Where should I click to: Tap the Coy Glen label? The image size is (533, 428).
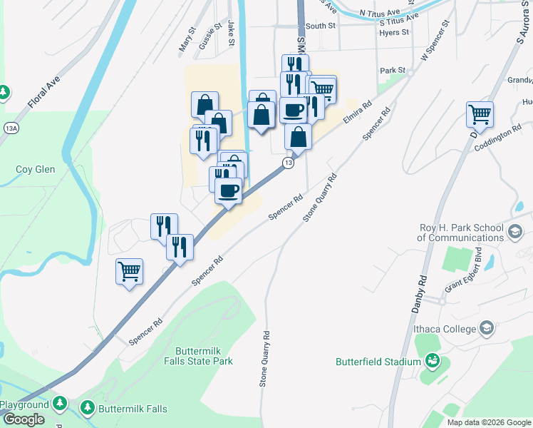pyautogui.click(x=33, y=170)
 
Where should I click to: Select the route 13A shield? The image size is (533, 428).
pyautogui.click(x=11, y=128)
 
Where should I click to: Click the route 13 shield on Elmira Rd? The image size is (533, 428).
pyautogui.click(x=288, y=163)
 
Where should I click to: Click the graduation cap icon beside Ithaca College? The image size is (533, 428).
pyautogui.click(x=487, y=328)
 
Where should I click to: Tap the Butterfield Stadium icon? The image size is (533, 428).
pyautogui.click(x=432, y=362)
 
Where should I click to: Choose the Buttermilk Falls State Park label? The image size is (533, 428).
pyautogui.click(x=204, y=357)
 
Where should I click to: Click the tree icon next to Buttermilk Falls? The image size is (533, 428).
pyautogui.click(x=87, y=408)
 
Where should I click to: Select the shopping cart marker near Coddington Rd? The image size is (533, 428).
pyautogui.click(x=480, y=113)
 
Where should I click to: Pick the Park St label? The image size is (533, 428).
pyautogui.click(x=392, y=71)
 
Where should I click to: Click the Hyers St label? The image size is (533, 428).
pyautogui.click(x=394, y=33)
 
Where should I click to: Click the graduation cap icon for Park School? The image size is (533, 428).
pyautogui.click(x=516, y=232)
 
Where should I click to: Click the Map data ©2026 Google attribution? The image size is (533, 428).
pyautogui.click(x=488, y=422)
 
